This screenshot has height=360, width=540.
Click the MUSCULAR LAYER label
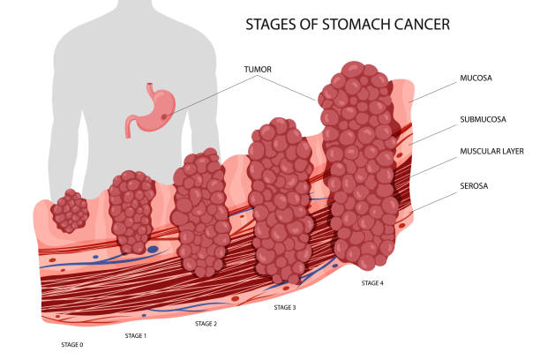point(492,151)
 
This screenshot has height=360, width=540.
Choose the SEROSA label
point(475,186)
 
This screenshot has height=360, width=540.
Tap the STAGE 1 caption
point(135,335)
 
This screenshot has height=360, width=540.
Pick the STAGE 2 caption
point(206,324)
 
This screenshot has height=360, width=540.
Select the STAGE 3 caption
point(284,307)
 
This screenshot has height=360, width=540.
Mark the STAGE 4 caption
point(372,283)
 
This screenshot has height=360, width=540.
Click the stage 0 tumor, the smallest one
point(69,213)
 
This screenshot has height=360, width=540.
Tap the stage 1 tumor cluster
point(131,212)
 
